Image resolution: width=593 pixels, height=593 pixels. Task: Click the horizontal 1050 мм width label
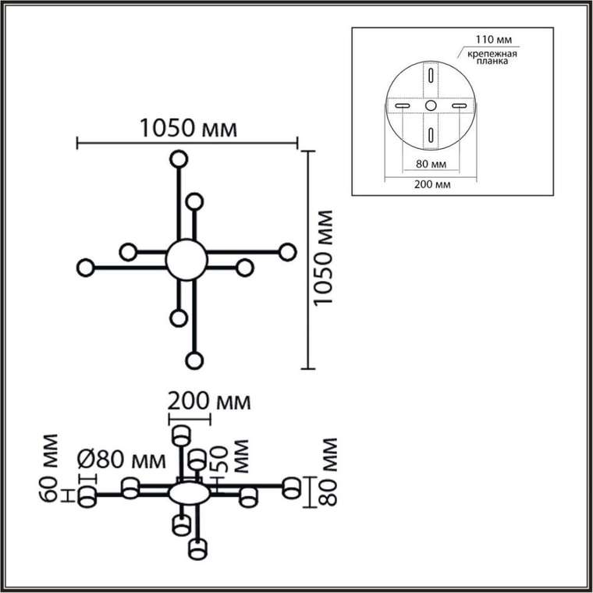189,128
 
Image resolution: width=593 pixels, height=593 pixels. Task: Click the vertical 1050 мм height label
324,257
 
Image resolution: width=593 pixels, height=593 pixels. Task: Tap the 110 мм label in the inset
494,39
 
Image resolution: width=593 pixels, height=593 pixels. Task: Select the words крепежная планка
492,57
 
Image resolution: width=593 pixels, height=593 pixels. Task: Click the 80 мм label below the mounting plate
431,164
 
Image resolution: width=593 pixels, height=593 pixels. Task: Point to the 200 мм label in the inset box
432,185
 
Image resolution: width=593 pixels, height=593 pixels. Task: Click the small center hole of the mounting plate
431,105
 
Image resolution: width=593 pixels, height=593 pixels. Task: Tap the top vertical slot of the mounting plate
431,74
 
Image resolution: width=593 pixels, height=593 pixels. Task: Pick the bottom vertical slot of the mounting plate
431,135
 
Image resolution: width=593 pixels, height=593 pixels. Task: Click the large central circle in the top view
186,260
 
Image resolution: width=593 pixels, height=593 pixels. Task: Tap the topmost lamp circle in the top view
179,160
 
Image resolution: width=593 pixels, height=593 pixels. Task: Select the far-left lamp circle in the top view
86,268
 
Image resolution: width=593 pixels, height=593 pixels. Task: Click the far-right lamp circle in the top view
287,252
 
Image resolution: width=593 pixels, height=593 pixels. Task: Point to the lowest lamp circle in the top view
194,360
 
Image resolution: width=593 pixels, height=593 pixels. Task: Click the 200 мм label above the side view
209,401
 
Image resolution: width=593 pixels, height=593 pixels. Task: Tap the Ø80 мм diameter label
122,460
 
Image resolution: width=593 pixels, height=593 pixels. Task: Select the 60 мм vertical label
49,468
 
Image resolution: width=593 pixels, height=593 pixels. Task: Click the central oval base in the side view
189,494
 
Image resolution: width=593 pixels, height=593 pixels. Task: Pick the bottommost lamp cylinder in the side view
197,549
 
